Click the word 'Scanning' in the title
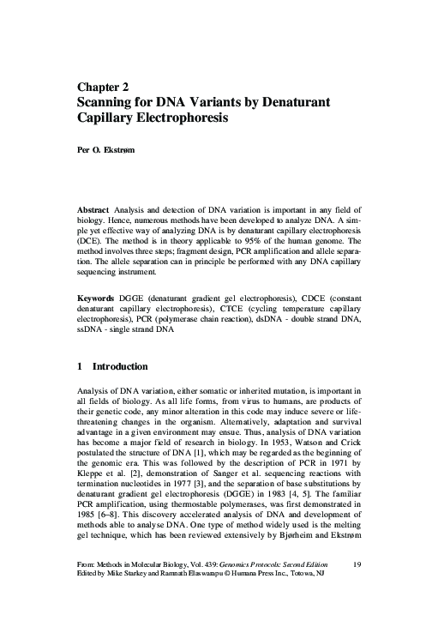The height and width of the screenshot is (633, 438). point(108,102)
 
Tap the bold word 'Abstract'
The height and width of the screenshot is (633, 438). point(92,208)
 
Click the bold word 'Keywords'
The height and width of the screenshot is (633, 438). point(95,297)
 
